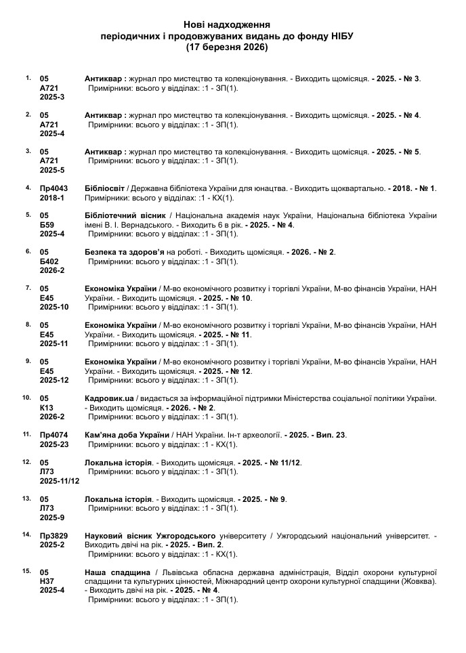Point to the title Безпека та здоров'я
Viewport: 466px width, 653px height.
coord(125,252)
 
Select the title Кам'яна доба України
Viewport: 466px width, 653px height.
coord(127,435)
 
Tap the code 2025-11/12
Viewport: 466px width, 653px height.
coord(60,481)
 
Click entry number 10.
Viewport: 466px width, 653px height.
coord(27,398)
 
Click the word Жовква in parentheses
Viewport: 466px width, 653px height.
coord(419,581)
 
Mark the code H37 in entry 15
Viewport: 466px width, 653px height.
coord(47,581)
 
